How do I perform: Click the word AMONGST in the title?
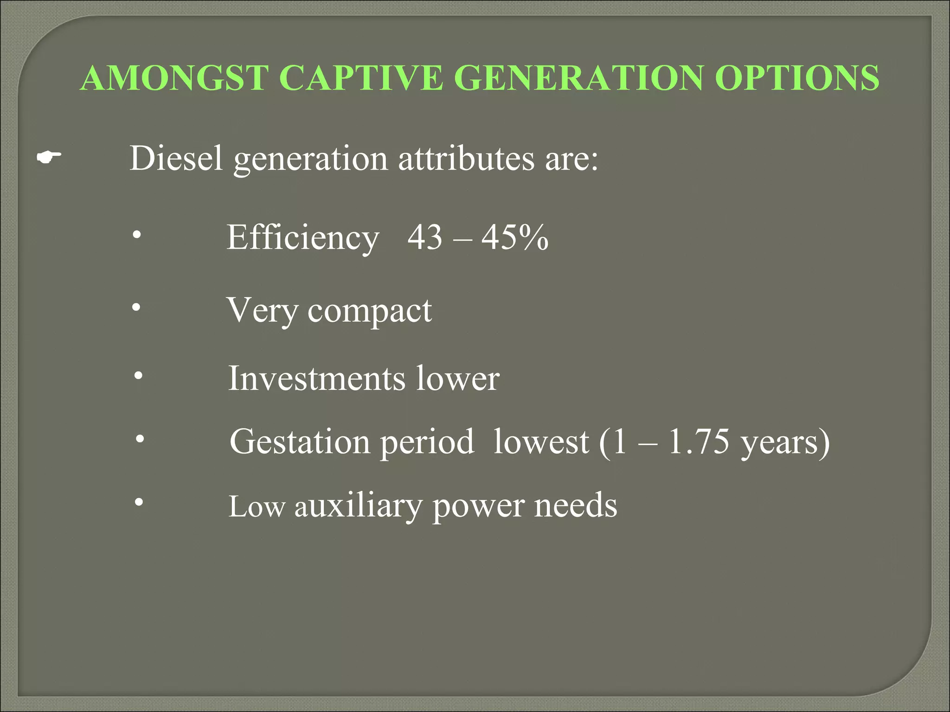tap(175, 78)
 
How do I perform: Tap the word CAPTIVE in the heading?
tap(362, 78)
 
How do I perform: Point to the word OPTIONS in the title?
tap(796, 78)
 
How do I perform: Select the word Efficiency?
tap(302, 237)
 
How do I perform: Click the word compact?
tap(370, 311)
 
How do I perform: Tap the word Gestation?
tap(300, 442)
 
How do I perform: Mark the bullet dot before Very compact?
tap(136, 307)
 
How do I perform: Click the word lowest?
tap(541, 442)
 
